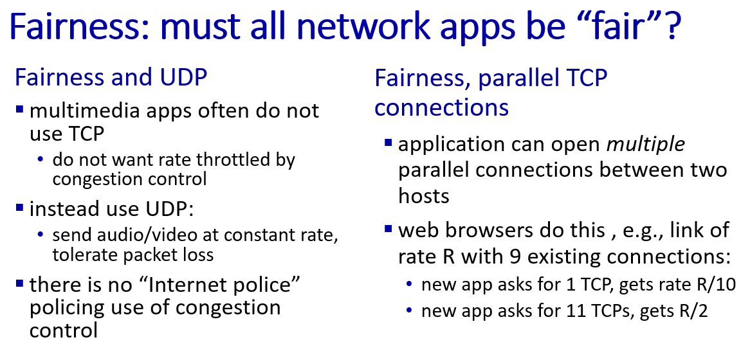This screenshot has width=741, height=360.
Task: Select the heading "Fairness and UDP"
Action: tap(111, 77)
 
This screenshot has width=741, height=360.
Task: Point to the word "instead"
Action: tap(60, 208)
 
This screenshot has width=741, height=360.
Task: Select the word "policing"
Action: tap(63, 309)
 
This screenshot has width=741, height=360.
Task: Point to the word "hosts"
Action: tap(423, 195)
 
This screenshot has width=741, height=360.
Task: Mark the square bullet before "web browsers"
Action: tap(389, 229)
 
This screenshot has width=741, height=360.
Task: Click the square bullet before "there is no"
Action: tap(19, 283)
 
